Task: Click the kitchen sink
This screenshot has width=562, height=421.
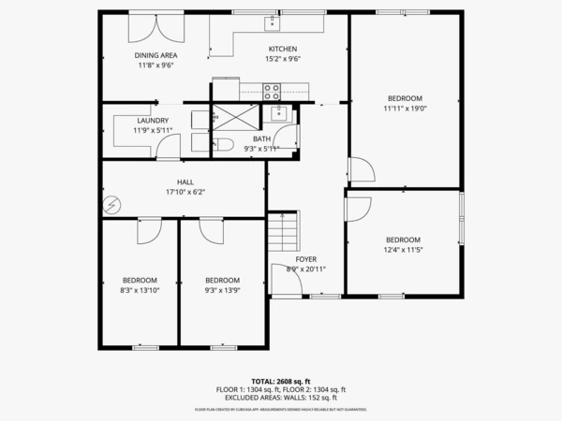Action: point(272,22)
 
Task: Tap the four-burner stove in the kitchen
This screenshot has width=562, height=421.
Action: point(272,91)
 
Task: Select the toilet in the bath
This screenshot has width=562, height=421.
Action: point(225,145)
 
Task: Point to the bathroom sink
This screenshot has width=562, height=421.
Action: point(279,114)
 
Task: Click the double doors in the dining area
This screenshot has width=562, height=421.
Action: point(150,25)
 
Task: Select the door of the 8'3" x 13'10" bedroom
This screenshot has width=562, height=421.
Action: point(150,232)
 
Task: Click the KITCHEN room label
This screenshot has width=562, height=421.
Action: point(282,50)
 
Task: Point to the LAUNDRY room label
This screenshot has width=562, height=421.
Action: point(152,121)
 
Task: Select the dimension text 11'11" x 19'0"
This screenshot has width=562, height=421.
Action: point(405,109)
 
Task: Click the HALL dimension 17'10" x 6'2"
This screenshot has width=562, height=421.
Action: point(185,193)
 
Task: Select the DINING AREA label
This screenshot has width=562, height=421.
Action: point(156,55)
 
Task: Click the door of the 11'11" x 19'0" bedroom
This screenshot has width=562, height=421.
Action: point(361,170)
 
